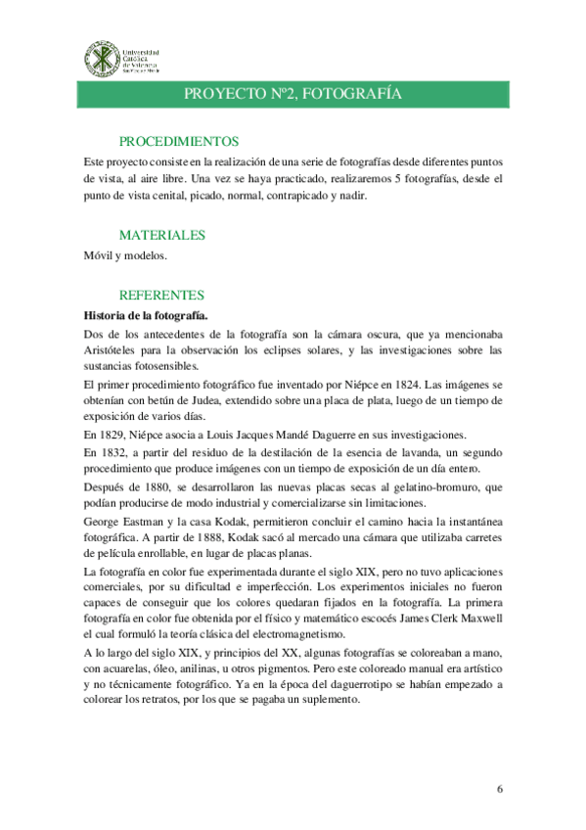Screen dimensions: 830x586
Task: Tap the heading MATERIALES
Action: pos(161,235)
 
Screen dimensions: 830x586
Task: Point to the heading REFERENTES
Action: pos(161,294)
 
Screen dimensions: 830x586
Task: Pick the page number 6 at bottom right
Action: pos(499,788)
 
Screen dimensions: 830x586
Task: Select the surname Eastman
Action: pos(148,521)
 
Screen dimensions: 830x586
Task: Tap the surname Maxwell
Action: pos(476,619)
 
